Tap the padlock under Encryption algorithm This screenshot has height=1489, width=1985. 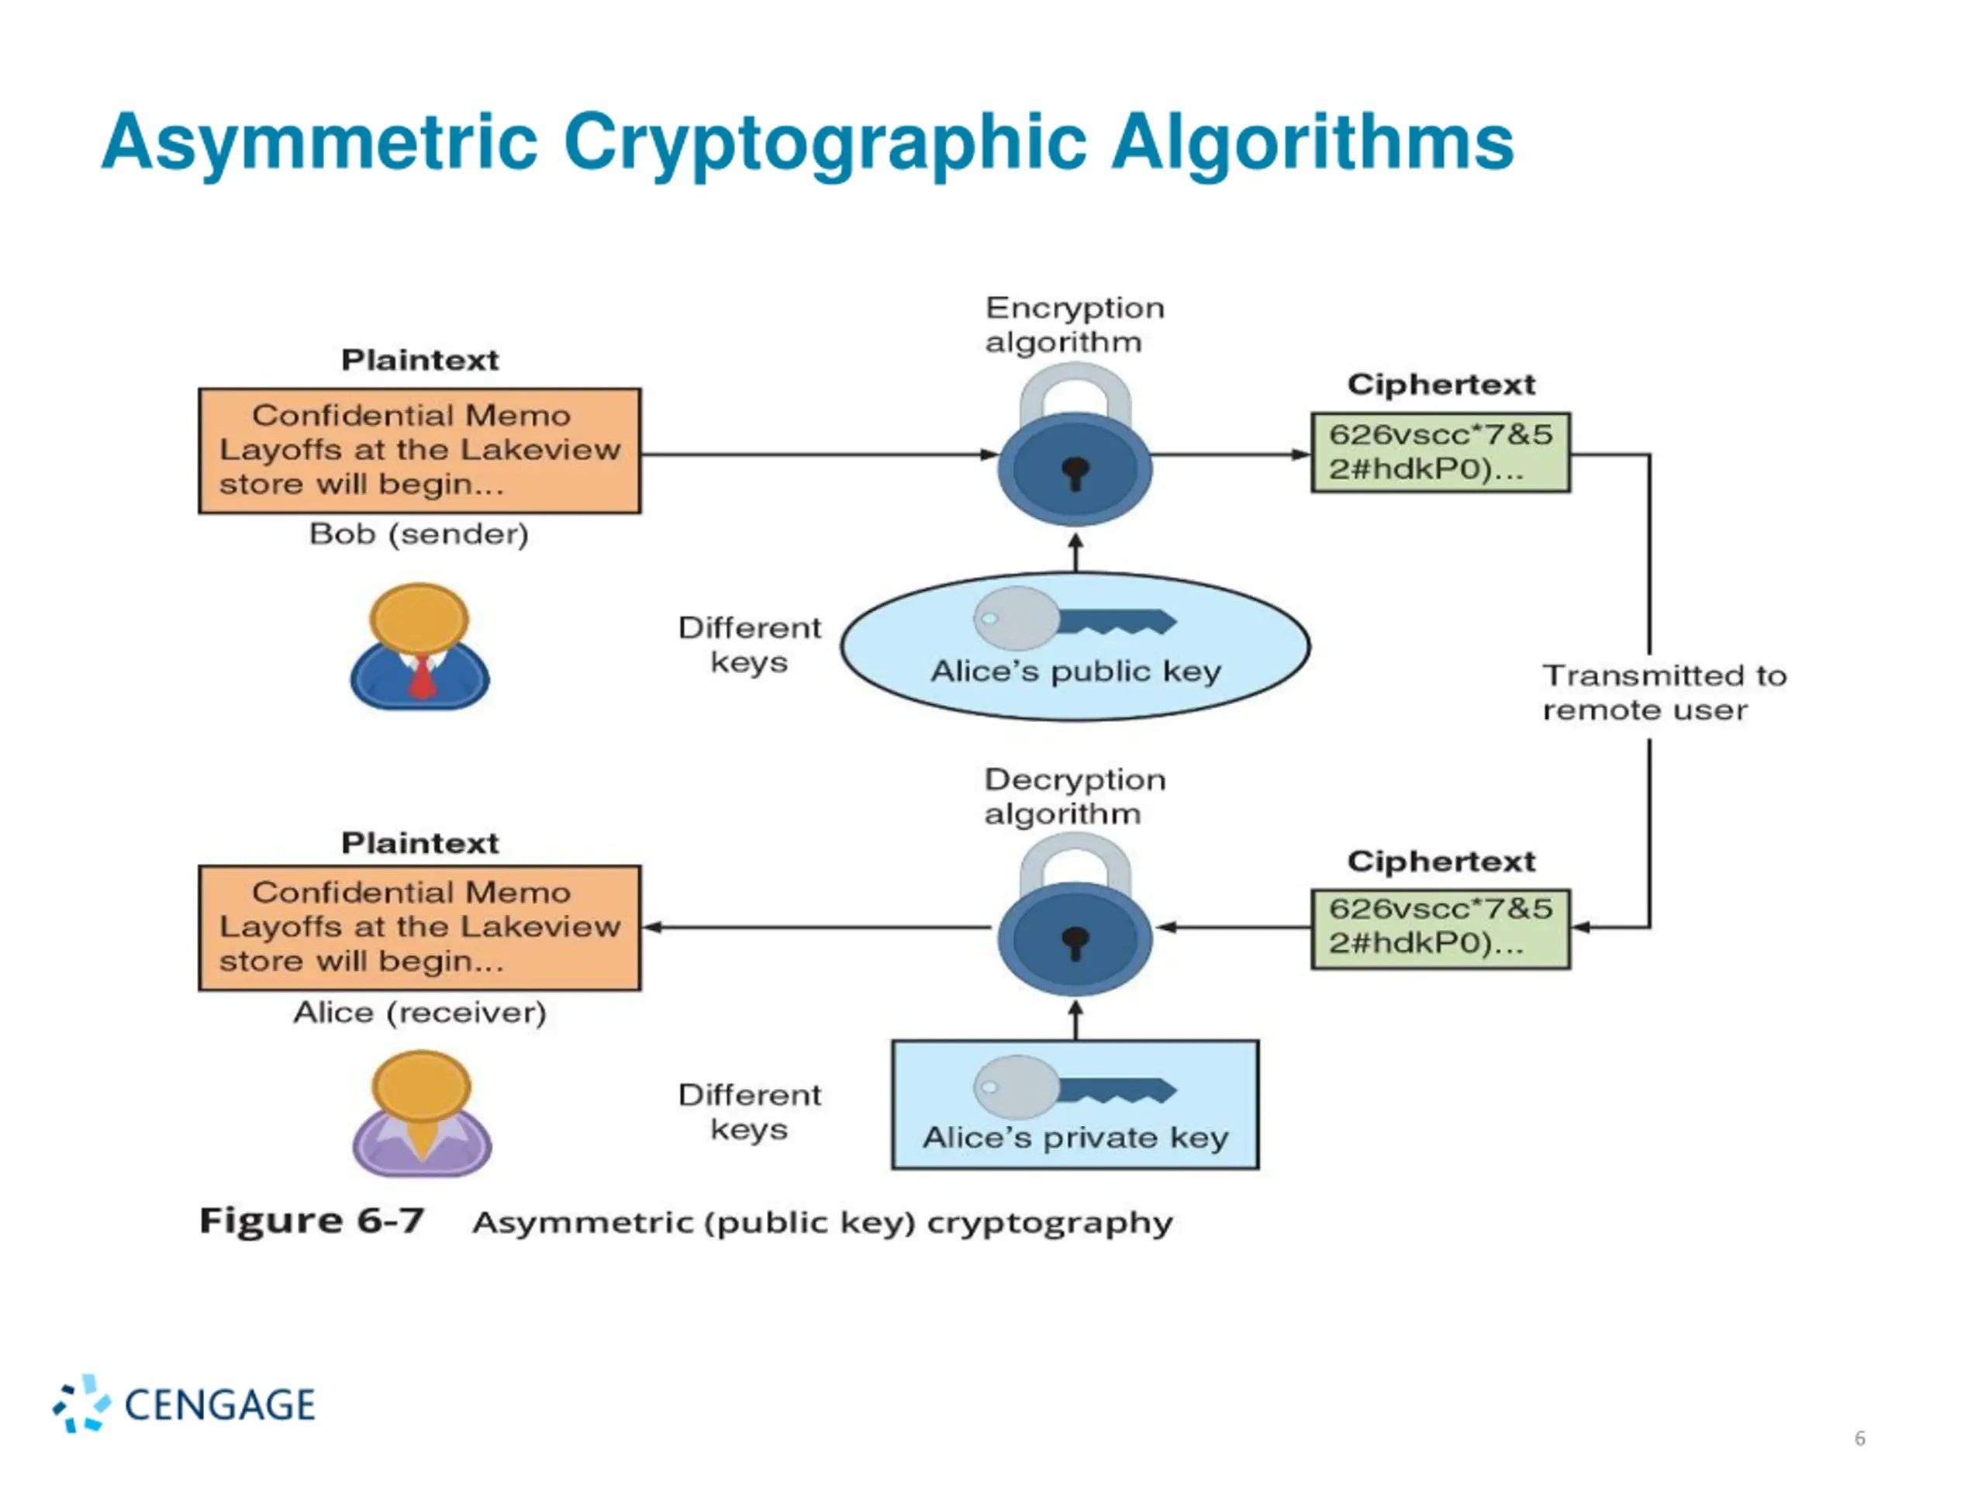[x=1075, y=444]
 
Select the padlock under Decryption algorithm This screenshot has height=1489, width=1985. [x=1075, y=914]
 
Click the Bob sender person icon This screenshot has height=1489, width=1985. [x=420, y=646]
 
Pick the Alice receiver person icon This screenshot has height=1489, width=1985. [x=422, y=1114]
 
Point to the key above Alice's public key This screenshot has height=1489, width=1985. [x=1075, y=618]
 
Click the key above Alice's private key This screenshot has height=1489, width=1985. [x=1075, y=1087]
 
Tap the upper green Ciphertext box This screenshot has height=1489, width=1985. [x=1441, y=452]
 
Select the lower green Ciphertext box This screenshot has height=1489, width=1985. [x=1441, y=929]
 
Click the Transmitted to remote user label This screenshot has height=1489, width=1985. [x=1664, y=692]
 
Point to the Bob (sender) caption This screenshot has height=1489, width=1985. [x=419, y=534]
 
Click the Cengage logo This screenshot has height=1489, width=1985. [x=184, y=1404]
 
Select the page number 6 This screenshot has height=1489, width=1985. [x=1859, y=1439]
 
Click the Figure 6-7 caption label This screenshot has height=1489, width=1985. [x=312, y=1221]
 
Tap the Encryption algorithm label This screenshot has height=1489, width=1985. [x=1075, y=324]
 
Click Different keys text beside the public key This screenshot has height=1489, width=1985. [x=749, y=644]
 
